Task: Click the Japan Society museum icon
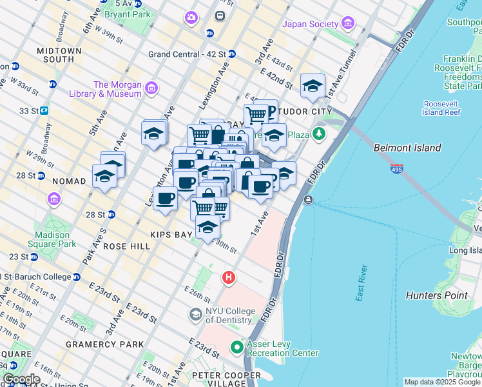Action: (x=348, y=25)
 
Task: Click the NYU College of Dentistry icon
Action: (x=195, y=315)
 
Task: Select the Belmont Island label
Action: (x=407, y=148)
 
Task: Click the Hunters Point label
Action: (x=436, y=295)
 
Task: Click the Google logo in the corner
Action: (x=21, y=379)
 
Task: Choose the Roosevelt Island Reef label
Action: (x=441, y=108)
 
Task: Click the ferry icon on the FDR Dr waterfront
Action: (x=309, y=201)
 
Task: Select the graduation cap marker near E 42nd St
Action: (x=313, y=85)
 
